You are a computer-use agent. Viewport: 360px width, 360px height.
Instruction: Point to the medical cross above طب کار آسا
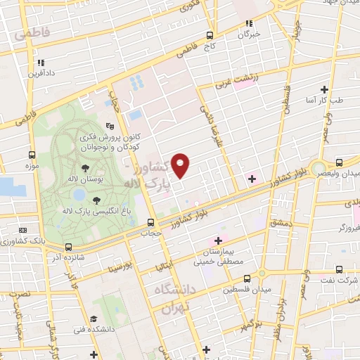(324, 89)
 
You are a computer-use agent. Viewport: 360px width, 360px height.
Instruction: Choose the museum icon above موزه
(32, 155)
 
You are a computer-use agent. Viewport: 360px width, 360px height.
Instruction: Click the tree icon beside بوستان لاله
(85, 168)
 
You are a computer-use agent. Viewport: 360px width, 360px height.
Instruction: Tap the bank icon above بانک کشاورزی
(23, 230)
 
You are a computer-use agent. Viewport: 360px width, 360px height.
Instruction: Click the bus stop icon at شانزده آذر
(68, 247)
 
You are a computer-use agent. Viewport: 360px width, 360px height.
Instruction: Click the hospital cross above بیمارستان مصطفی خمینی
(219, 240)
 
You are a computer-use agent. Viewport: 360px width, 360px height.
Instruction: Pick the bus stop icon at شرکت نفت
(340, 269)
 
